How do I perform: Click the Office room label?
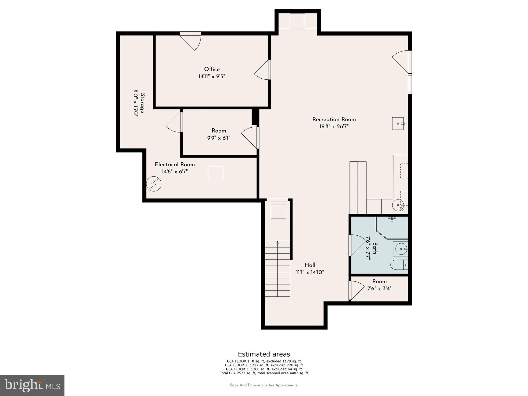212,69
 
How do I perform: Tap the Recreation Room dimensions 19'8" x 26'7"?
334,127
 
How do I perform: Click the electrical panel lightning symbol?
154,184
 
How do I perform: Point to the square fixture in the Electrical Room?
216,173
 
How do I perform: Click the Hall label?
310,265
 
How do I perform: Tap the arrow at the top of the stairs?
277,243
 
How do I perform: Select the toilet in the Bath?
398,265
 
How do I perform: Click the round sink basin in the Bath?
401,249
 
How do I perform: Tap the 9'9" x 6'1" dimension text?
219,138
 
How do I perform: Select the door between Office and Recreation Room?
262,70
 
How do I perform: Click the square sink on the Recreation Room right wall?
398,123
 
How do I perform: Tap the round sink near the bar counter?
398,205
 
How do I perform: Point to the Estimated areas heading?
264,354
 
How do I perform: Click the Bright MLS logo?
32,385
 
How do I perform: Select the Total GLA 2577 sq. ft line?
264,373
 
